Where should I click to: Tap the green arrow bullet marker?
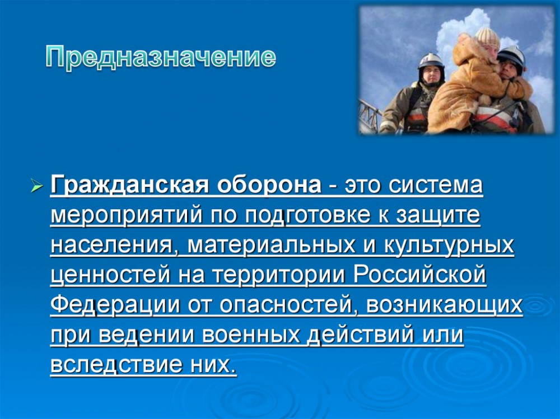(x=37, y=186)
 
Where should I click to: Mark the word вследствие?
(x=114, y=365)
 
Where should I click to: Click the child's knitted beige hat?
(x=487, y=37)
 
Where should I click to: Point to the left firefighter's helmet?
(x=431, y=62)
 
